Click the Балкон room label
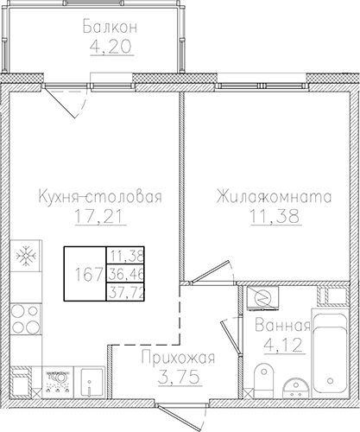tap(110, 27)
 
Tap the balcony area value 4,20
tap(111, 47)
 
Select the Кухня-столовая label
tap(100, 196)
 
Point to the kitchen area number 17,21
tap(100, 216)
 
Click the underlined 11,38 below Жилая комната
tap(275, 216)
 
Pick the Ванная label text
tap(282, 326)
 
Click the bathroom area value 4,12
tap(283, 345)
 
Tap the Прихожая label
tap(178, 358)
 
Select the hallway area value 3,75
tap(179, 377)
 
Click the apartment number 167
tap(89, 274)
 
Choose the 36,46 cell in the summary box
tap(126, 275)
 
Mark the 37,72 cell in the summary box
tap(126, 293)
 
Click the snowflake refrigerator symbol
tap(26, 256)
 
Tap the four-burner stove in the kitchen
tap(26, 319)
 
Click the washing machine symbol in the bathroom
tap(262, 298)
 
